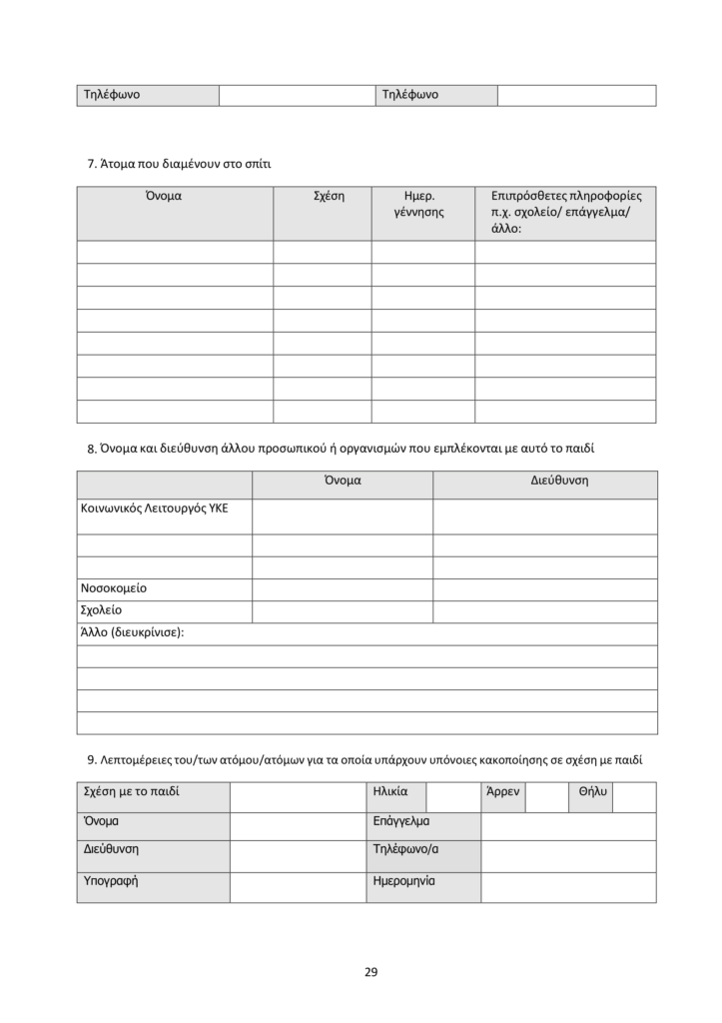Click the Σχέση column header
point(322,197)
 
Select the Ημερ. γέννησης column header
point(422,204)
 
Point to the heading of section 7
point(180,162)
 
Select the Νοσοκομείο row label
point(113,588)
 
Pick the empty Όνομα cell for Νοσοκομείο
point(342,589)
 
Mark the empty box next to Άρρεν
point(545,796)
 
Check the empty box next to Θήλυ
point(634,796)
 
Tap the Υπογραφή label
point(110,881)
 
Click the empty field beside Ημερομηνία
point(568,887)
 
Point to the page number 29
point(371,971)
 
